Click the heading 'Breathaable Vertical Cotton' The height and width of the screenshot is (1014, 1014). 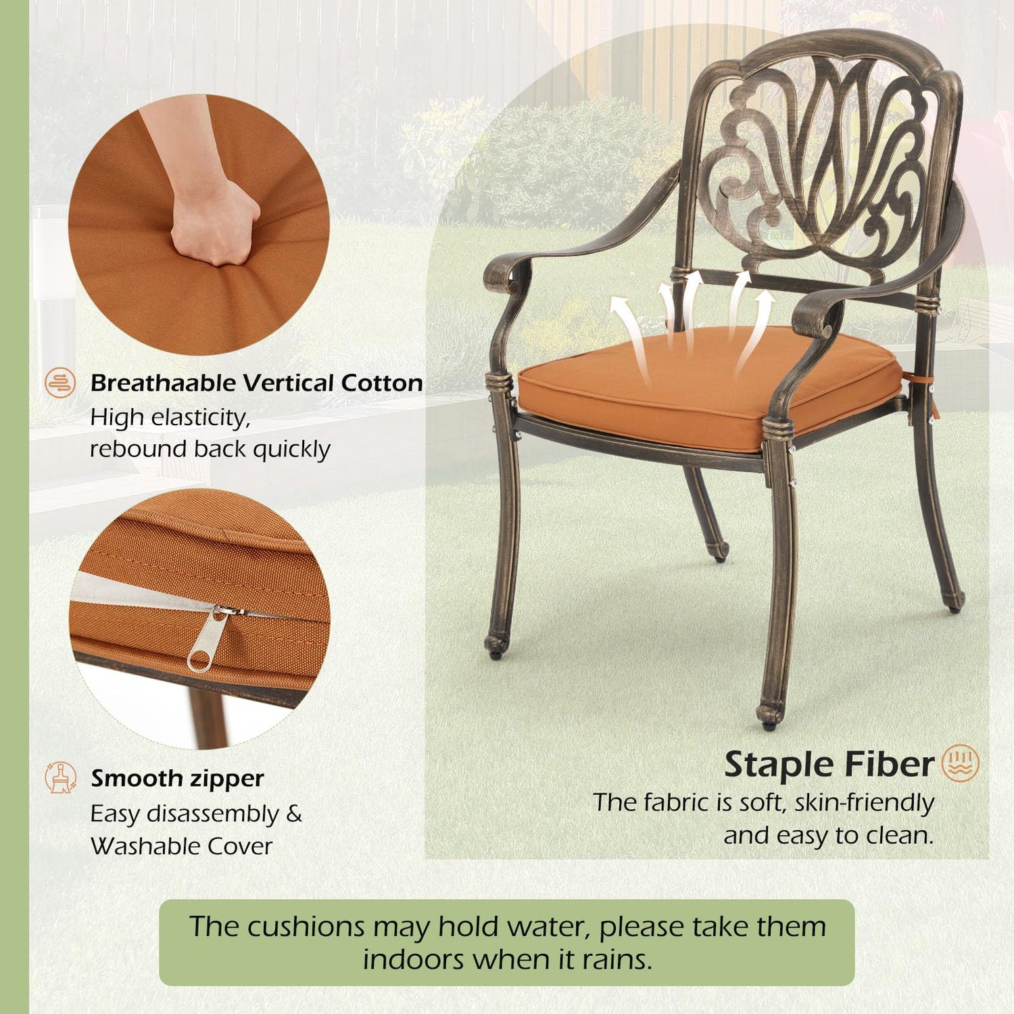[x=257, y=383]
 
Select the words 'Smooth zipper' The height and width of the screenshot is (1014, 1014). [x=177, y=779]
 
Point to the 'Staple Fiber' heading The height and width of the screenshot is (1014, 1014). [x=829, y=765]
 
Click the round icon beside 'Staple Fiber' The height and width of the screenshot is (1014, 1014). [x=961, y=763]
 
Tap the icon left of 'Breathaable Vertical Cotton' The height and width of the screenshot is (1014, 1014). [x=60, y=383]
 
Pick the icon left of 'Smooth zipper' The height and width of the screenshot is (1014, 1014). [x=60, y=777]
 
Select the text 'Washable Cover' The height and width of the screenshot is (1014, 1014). [x=181, y=846]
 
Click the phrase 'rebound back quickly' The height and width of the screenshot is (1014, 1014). [x=210, y=449]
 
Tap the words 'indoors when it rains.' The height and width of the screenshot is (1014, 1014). [x=507, y=959]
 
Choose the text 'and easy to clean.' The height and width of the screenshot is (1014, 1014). [x=829, y=836]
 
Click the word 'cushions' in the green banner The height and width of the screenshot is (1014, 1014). [x=306, y=927]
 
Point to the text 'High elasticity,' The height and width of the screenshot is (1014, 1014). [x=170, y=418]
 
